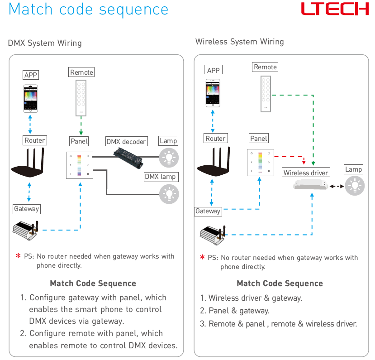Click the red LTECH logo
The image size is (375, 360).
pos(335,9)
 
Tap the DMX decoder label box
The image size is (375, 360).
pos(127,141)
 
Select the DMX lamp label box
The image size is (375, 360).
pos(161,177)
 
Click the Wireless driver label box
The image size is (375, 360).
pos(306,173)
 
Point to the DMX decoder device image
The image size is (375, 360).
pos(128,158)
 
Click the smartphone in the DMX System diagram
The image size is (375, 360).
pos(30,98)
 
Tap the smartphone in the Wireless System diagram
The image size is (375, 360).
pos(213,93)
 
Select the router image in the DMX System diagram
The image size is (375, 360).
pos(28,163)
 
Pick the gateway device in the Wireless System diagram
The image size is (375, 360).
pos(213,235)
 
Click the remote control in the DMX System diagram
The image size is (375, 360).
pos(81,98)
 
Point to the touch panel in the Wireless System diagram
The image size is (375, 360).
pos(261,163)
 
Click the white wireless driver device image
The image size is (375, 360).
pos(310,185)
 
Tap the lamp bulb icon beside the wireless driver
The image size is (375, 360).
pos(355,186)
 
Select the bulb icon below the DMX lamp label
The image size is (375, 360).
pos(169,194)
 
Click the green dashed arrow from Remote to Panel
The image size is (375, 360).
pos(81,126)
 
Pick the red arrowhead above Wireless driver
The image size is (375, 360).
pos(304,162)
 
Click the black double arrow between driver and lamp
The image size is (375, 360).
pos(337,186)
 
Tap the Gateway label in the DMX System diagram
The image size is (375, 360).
pos(27,209)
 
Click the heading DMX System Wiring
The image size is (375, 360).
pos(45,43)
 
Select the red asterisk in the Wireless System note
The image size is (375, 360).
pos(202,257)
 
